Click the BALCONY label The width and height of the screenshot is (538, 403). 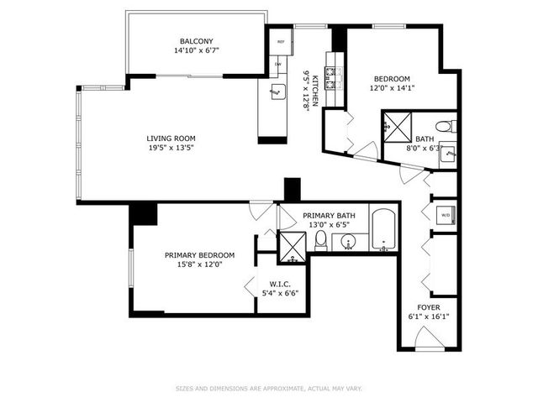tap(195, 41)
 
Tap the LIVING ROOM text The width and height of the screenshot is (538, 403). tap(171, 139)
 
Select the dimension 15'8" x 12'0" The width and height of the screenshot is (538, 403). tap(199, 265)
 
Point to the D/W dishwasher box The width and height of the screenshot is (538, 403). tap(278, 64)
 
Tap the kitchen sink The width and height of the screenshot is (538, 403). tap(274, 93)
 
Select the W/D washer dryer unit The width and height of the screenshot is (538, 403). tap(445, 214)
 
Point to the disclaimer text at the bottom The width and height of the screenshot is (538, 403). tap(269, 388)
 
